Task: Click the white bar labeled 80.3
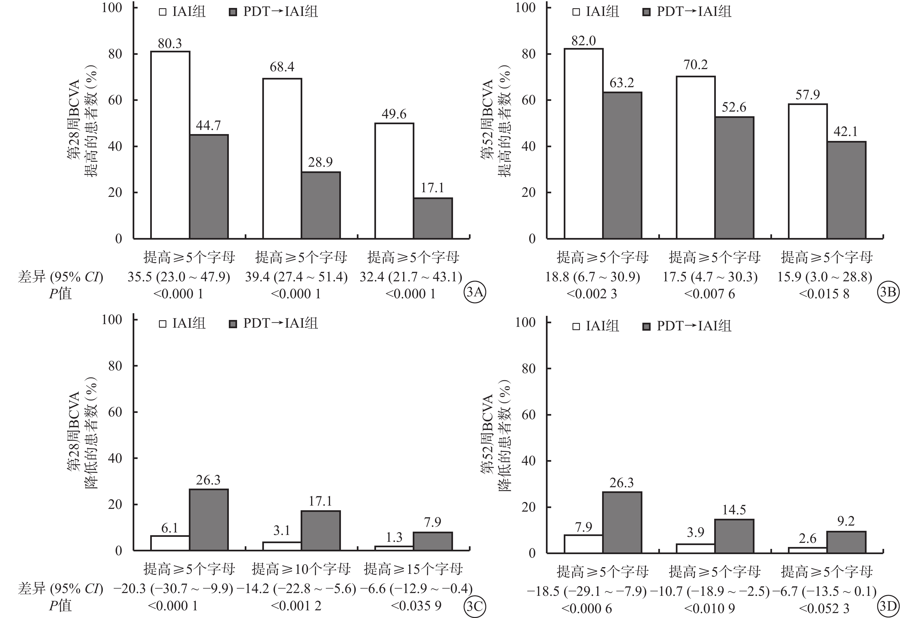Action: [x=170, y=145]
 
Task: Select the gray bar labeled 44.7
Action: [x=209, y=186]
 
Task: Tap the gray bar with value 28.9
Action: [x=321, y=205]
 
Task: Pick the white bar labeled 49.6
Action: [x=394, y=181]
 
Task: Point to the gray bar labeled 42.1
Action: [x=846, y=190]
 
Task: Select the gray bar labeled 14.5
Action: [x=734, y=536]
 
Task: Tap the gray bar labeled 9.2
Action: [x=846, y=542]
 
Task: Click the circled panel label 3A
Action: [x=475, y=293]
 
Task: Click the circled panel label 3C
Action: [x=475, y=606]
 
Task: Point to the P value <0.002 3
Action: [x=592, y=294]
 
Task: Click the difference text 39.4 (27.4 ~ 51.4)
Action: [x=296, y=277]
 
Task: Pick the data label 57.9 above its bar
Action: [x=807, y=95]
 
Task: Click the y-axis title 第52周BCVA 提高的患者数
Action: [x=495, y=128]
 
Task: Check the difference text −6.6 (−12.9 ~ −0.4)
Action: [x=416, y=589]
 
